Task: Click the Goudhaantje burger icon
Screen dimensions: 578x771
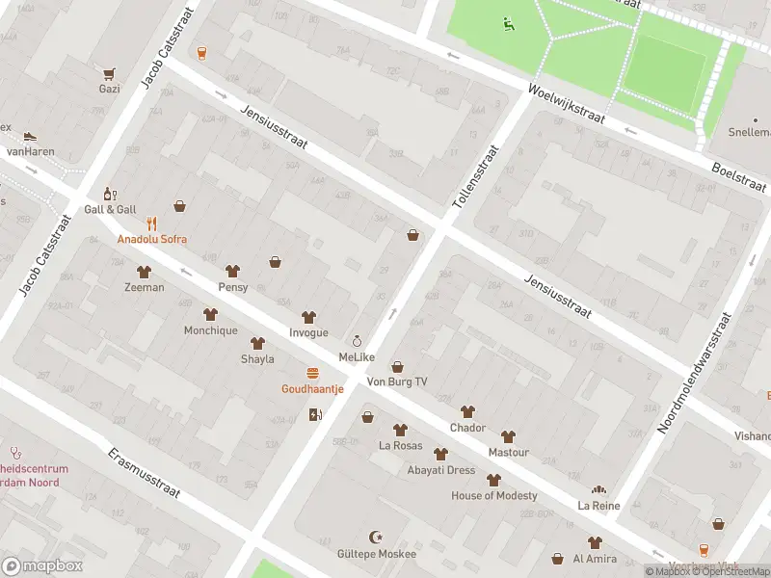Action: tap(312, 373)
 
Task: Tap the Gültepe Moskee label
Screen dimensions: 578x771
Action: tap(377, 554)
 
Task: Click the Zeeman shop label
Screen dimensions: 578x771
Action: tap(144, 287)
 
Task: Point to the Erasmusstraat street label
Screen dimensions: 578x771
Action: tap(144, 475)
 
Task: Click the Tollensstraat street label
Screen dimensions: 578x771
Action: tap(477, 178)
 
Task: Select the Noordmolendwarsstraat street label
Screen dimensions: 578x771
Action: tap(694, 371)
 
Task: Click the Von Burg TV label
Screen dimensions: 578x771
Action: tap(397, 382)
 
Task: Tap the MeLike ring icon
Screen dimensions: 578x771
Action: tap(357, 341)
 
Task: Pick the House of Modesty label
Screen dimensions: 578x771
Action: tap(494, 495)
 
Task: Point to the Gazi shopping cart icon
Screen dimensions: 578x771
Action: tap(110, 73)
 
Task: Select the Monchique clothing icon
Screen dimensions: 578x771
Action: tap(210, 314)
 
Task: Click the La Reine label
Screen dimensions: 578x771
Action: tap(598, 505)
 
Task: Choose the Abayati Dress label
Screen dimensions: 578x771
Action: tap(440, 470)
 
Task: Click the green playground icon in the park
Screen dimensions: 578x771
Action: tap(508, 24)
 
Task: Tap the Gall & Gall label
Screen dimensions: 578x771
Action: tap(108, 209)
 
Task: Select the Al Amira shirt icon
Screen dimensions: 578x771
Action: tap(595, 542)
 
